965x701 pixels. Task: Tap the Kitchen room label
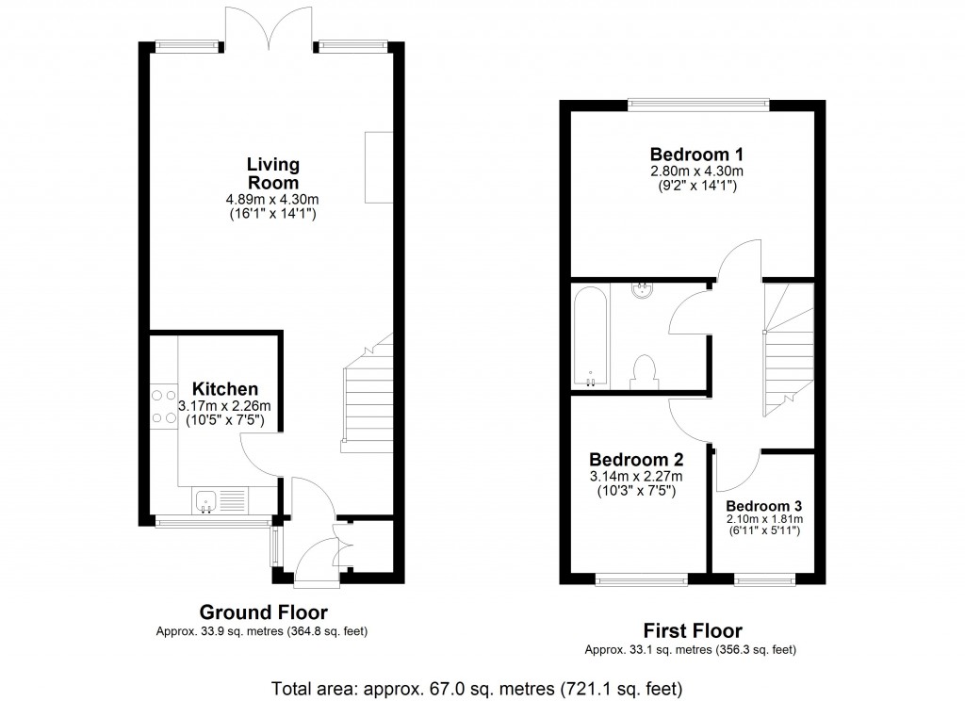click(225, 389)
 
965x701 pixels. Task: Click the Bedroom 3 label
click(763, 504)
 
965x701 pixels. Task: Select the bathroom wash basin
click(644, 289)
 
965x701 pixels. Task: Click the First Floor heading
click(692, 631)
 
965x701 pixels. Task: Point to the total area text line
click(476, 687)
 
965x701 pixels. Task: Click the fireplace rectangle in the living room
click(379, 167)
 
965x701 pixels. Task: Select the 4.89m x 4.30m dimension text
click(272, 200)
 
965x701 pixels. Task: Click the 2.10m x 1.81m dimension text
click(763, 518)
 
